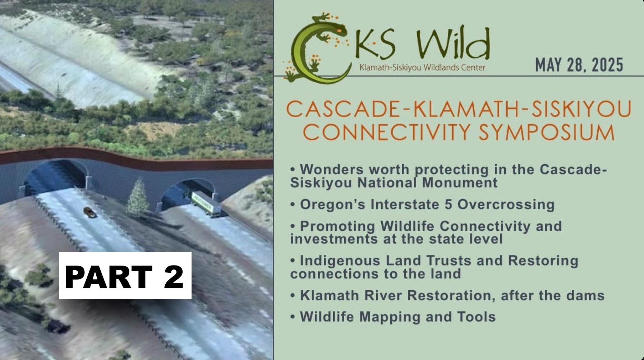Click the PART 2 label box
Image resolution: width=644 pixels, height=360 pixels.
(125, 276)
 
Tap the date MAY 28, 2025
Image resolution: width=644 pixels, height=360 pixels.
(579, 65)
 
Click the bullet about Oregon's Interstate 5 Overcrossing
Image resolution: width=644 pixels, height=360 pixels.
(423, 204)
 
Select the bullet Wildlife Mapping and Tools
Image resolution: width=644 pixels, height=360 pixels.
(393, 317)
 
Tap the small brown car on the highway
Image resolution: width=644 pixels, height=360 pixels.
(89, 212)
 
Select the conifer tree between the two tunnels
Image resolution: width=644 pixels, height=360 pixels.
(138, 197)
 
